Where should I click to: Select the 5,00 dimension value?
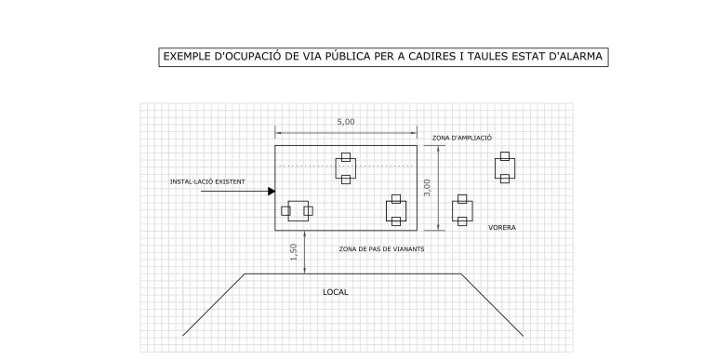(346, 122)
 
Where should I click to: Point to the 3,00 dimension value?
(427, 187)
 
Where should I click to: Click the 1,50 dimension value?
(294, 252)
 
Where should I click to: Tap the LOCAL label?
(336, 292)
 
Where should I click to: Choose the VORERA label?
(502, 228)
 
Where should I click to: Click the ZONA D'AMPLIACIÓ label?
(462, 138)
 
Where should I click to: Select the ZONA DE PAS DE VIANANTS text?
(381, 248)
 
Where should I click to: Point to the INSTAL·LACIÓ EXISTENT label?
(207, 182)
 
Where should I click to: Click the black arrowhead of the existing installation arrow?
(272, 192)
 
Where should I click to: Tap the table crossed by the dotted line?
(346, 168)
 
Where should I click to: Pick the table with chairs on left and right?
(298, 211)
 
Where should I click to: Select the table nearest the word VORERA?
(462, 210)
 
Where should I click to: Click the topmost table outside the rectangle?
(505, 167)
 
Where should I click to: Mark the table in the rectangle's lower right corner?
(396, 210)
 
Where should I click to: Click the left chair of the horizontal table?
(285, 211)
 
